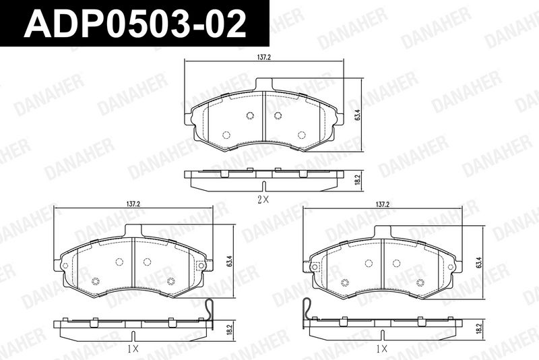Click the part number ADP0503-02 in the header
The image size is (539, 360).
135,24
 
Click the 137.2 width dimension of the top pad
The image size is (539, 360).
264,57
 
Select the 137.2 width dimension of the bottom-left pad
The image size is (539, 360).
133,204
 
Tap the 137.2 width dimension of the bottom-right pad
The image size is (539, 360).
382,204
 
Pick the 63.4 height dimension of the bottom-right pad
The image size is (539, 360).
479,262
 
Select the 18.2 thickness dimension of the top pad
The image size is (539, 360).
357,179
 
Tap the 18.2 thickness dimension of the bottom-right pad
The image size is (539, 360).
478,330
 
